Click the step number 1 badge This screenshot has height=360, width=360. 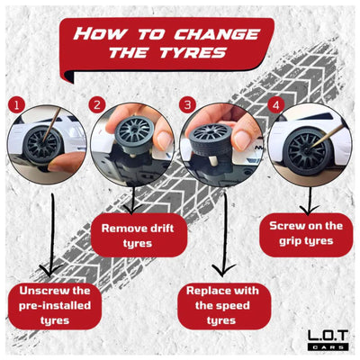pyautogui.click(x=16, y=105)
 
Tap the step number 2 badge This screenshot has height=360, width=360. pyautogui.click(x=97, y=105)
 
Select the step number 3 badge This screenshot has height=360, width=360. pyautogui.click(x=187, y=105)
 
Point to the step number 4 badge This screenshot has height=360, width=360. pyautogui.click(x=275, y=105)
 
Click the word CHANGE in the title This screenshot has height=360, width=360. pyautogui.click(x=217, y=34)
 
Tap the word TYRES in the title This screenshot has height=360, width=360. pyautogui.click(x=193, y=52)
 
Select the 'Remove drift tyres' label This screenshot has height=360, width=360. pyautogui.click(x=139, y=235)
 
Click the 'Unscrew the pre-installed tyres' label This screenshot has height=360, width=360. pyautogui.click(x=55, y=306)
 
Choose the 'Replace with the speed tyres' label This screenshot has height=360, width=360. pyautogui.click(x=222, y=306)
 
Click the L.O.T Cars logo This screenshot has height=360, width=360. pyautogui.click(x=328, y=339)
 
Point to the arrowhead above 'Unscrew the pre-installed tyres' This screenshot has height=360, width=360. pyautogui.click(x=50, y=271)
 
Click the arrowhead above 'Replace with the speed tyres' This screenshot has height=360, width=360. pyautogui.click(x=222, y=270)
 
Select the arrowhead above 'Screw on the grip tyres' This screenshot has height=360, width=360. pyautogui.click(x=309, y=210)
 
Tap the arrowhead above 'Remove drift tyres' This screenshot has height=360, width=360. pyautogui.click(x=133, y=209)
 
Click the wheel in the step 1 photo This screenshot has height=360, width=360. pyautogui.click(x=42, y=145)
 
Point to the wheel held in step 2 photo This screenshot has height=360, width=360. pyautogui.click(x=135, y=135)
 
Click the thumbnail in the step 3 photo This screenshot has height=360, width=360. pyautogui.click(x=242, y=140)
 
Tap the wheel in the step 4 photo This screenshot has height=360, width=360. pyautogui.click(x=307, y=151)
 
